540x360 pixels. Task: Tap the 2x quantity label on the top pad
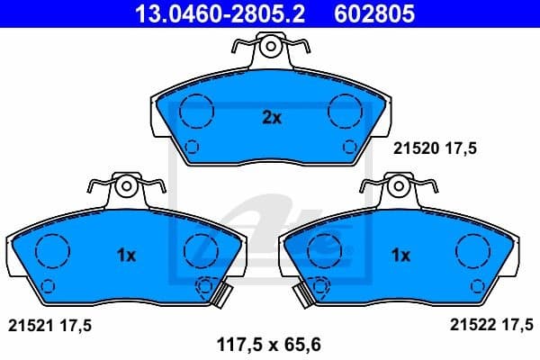click(x=271, y=117)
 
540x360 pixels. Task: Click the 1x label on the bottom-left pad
click(x=126, y=256)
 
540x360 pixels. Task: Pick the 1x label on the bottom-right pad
click(x=400, y=256)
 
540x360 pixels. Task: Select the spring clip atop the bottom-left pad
click(x=127, y=187)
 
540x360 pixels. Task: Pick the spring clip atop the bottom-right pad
click(x=397, y=187)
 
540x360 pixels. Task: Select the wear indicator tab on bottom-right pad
click(x=310, y=290)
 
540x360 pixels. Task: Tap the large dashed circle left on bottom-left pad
click(x=51, y=249)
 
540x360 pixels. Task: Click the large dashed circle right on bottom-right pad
click(x=472, y=249)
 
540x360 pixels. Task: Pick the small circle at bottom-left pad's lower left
click(x=48, y=287)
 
